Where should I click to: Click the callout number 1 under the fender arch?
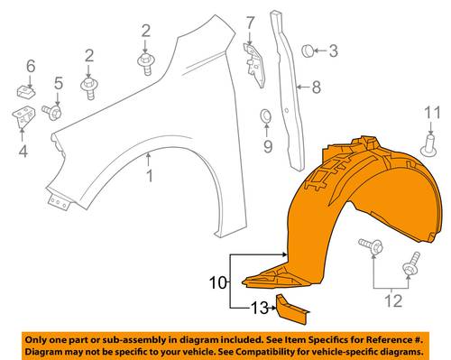point(150,176)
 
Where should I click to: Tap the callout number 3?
point(334,51)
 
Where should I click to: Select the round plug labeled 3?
point(308,51)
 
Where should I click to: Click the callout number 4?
point(23,151)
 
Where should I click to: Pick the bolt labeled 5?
point(52,112)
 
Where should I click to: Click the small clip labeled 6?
point(25,91)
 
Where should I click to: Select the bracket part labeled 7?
point(254,65)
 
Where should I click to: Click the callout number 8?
point(317,88)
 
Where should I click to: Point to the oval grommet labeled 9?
point(266,116)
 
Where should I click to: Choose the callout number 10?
point(218,282)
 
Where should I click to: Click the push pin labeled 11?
point(429,146)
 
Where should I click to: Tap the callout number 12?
point(393,300)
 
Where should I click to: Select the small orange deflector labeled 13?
point(292,309)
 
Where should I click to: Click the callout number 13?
point(259,308)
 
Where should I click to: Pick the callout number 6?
point(31,66)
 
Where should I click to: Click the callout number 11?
point(432,113)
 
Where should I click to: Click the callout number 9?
point(268,146)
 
